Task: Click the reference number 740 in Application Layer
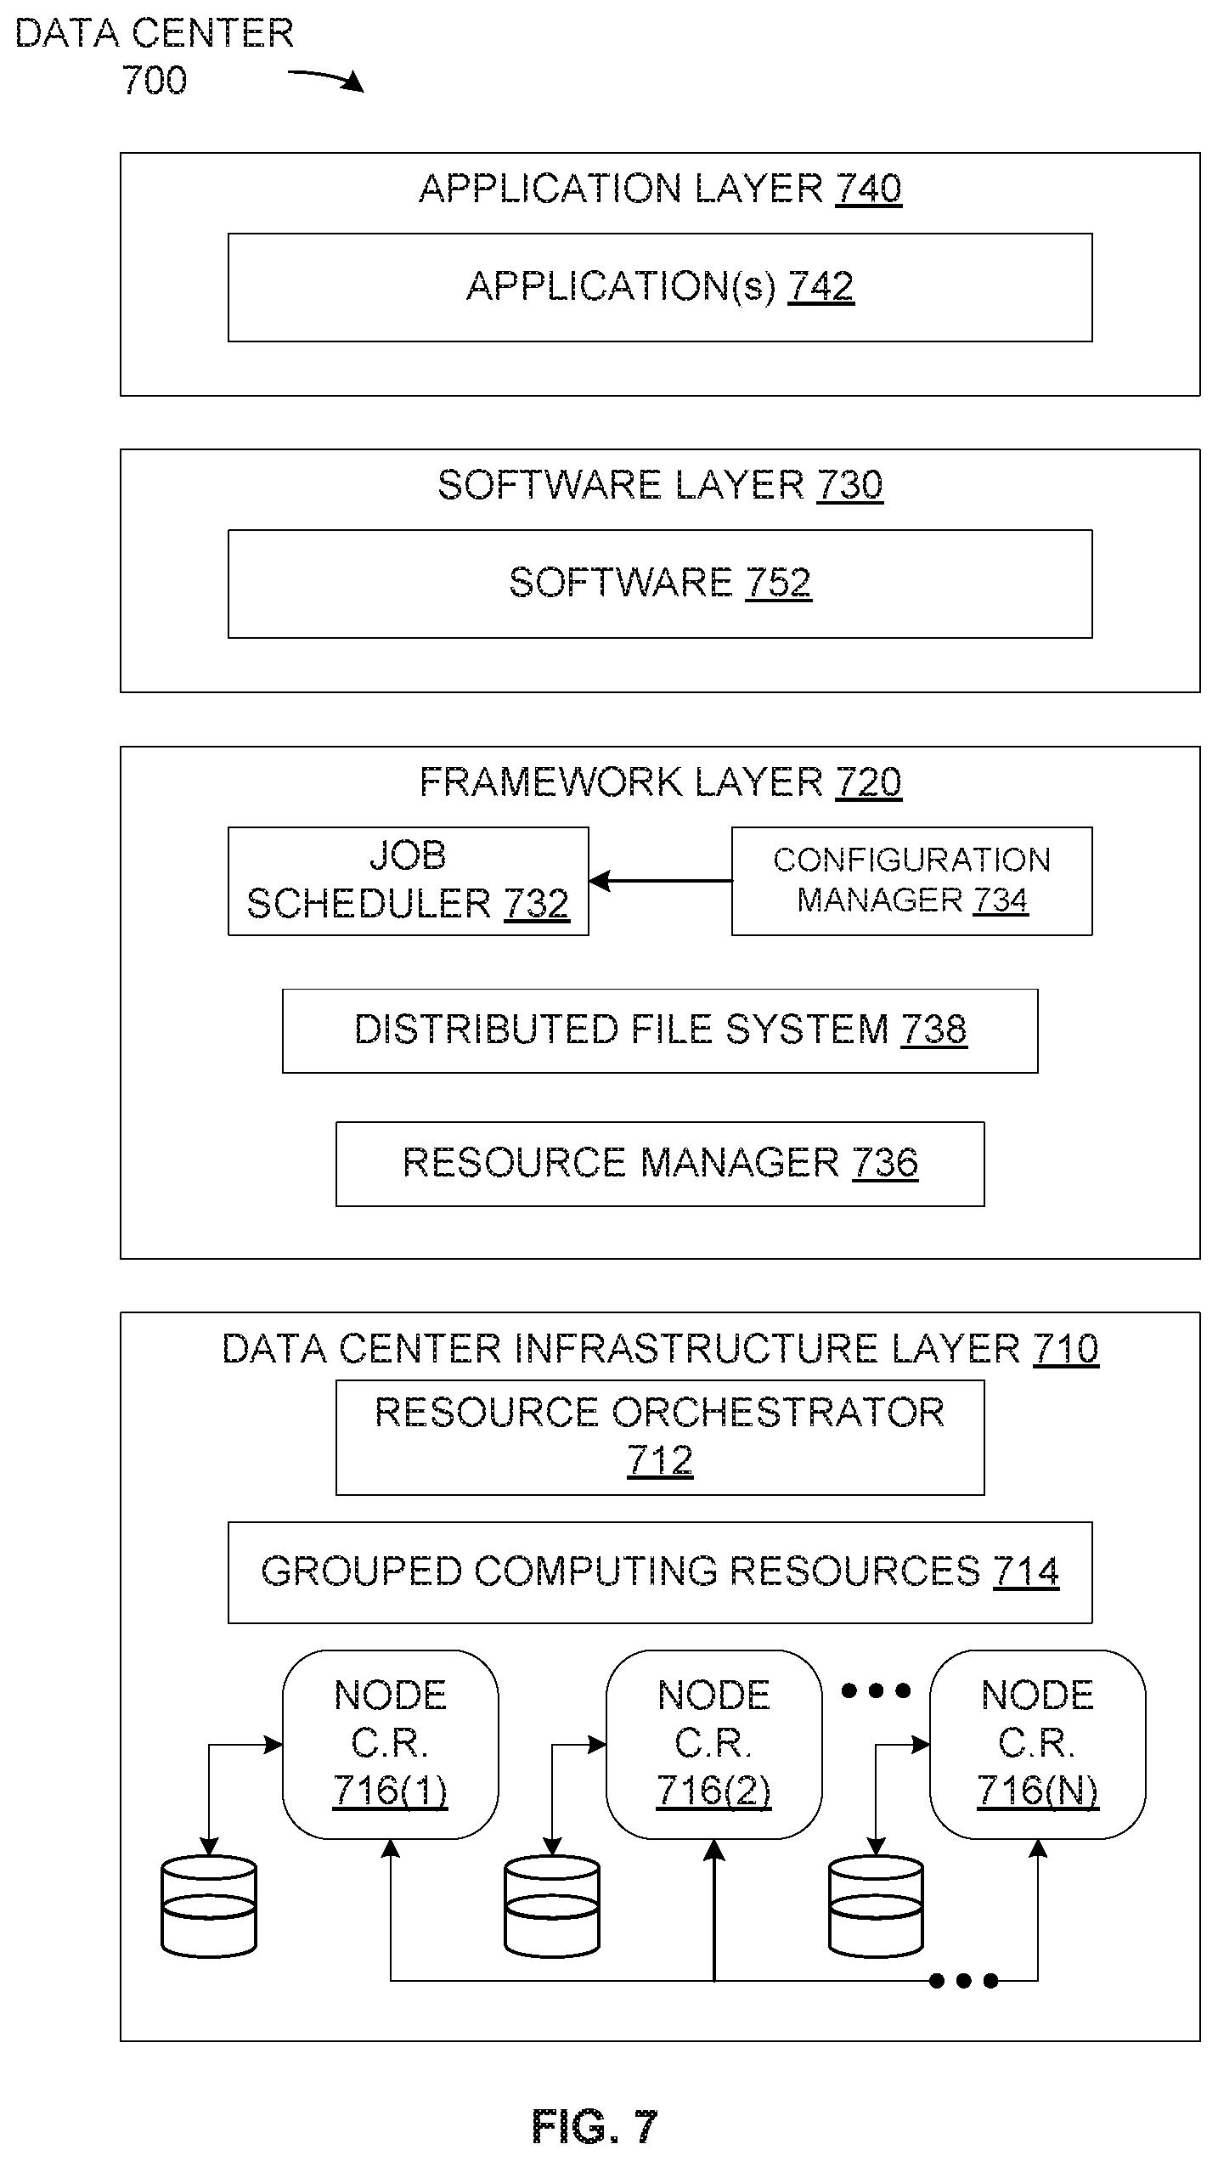click(x=869, y=188)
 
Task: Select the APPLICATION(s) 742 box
click(x=660, y=288)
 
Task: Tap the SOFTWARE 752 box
click(x=660, y=584)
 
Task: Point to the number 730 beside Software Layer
click(x=849, y=485)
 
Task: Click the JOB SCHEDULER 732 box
click(x=408, y=882)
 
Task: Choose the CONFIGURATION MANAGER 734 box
click(x=912, y=882)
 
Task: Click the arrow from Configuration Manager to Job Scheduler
click(x=660, y=882)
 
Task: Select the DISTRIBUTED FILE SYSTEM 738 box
click(x=660, y=1031)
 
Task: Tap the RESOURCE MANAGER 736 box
click(x=660, y=1165)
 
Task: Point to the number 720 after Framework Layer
click(x=869, y=781)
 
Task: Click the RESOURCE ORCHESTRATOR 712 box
click(x=660, y=1438)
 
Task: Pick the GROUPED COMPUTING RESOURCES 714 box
click(x=660, y=1573)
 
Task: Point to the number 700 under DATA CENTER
click(x=155, y=81)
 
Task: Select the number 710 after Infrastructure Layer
click(x=1066, y=1349)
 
